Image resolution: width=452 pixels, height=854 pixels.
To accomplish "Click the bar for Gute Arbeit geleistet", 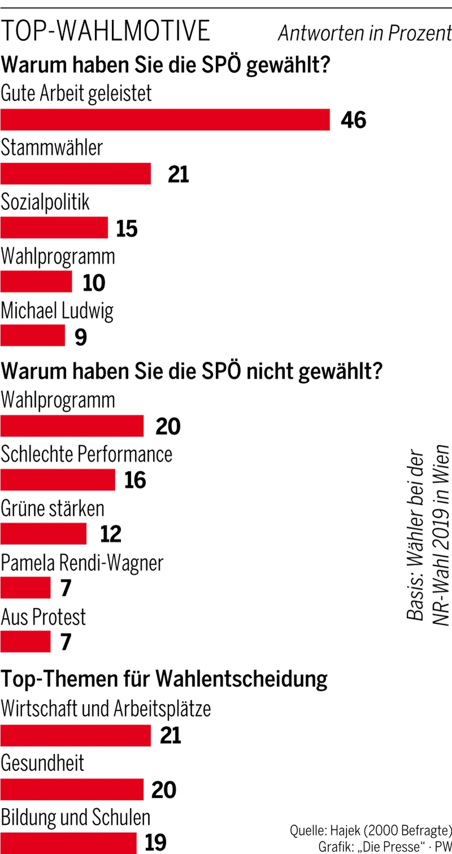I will point(165,120).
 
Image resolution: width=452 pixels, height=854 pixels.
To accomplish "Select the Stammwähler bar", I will point(75,174).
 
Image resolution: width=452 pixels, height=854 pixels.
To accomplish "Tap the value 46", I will point(353,120).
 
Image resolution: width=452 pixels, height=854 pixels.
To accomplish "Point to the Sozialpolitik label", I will point(45,202).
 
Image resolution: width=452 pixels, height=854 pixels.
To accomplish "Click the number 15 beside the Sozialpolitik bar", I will point(127,228).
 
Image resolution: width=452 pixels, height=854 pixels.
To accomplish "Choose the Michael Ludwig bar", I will point(32,335).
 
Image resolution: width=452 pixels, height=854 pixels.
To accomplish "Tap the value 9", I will point(81,337).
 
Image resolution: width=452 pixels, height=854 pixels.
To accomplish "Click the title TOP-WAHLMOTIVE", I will point(105,31).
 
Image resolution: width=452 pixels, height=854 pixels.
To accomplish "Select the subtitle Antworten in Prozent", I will point(364,33).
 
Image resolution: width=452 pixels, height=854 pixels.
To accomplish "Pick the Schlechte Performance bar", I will point(58,480).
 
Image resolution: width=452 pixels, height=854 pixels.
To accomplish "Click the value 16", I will point(135,480).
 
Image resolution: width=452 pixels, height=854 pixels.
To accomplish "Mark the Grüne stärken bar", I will point(43,534).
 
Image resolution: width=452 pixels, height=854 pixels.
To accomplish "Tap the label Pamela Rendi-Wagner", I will point(82,563).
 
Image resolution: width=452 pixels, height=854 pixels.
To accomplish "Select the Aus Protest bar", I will point(25,641).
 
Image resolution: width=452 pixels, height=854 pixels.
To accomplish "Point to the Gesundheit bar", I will point(72,790).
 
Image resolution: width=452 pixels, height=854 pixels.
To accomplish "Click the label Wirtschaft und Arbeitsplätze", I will point(105,709).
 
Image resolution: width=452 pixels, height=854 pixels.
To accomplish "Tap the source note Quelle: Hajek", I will point(371,830).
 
